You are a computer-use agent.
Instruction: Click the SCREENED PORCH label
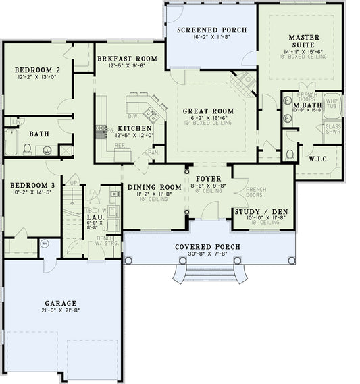(211, 30)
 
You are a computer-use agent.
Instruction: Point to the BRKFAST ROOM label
(127, 59)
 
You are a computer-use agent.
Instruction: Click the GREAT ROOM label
(209, 111)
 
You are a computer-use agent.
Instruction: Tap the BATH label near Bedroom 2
(38, 134)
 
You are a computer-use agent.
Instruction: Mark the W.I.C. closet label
(318, 159)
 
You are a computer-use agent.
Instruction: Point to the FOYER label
(208, 180)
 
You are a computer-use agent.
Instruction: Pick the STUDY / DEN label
(261, 212)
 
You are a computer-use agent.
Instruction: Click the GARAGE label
(61, 303)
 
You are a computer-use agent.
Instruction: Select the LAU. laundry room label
(93, 217)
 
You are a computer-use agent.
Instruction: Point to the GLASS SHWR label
(333, 130)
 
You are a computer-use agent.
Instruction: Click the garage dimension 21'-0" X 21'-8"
(61, 312)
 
